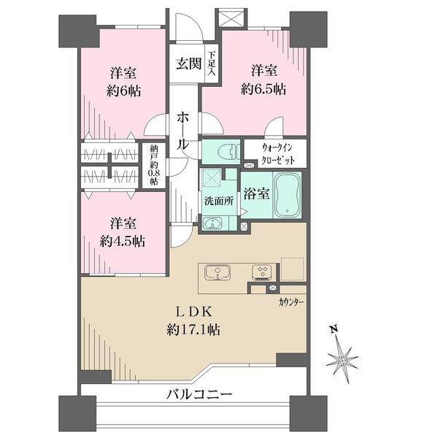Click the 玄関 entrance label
tap(189, 64)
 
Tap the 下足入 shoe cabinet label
tap(211, 64)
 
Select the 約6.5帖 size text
tap(264, 90)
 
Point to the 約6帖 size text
tap(123, 91)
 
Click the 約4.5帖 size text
tap(123, 242)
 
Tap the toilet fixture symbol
tap(230, 153)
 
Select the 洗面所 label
tap(219, 201)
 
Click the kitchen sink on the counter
tap(218, 272)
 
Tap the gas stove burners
tap(264, 272)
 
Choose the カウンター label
tap(291, 302)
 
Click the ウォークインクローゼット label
tap(277, 154)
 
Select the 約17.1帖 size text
tap(193, 331)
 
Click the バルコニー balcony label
tap(199, 394)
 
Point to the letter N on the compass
tap(334, 329)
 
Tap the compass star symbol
tap(342, 361)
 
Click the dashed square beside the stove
tap(292, 269)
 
